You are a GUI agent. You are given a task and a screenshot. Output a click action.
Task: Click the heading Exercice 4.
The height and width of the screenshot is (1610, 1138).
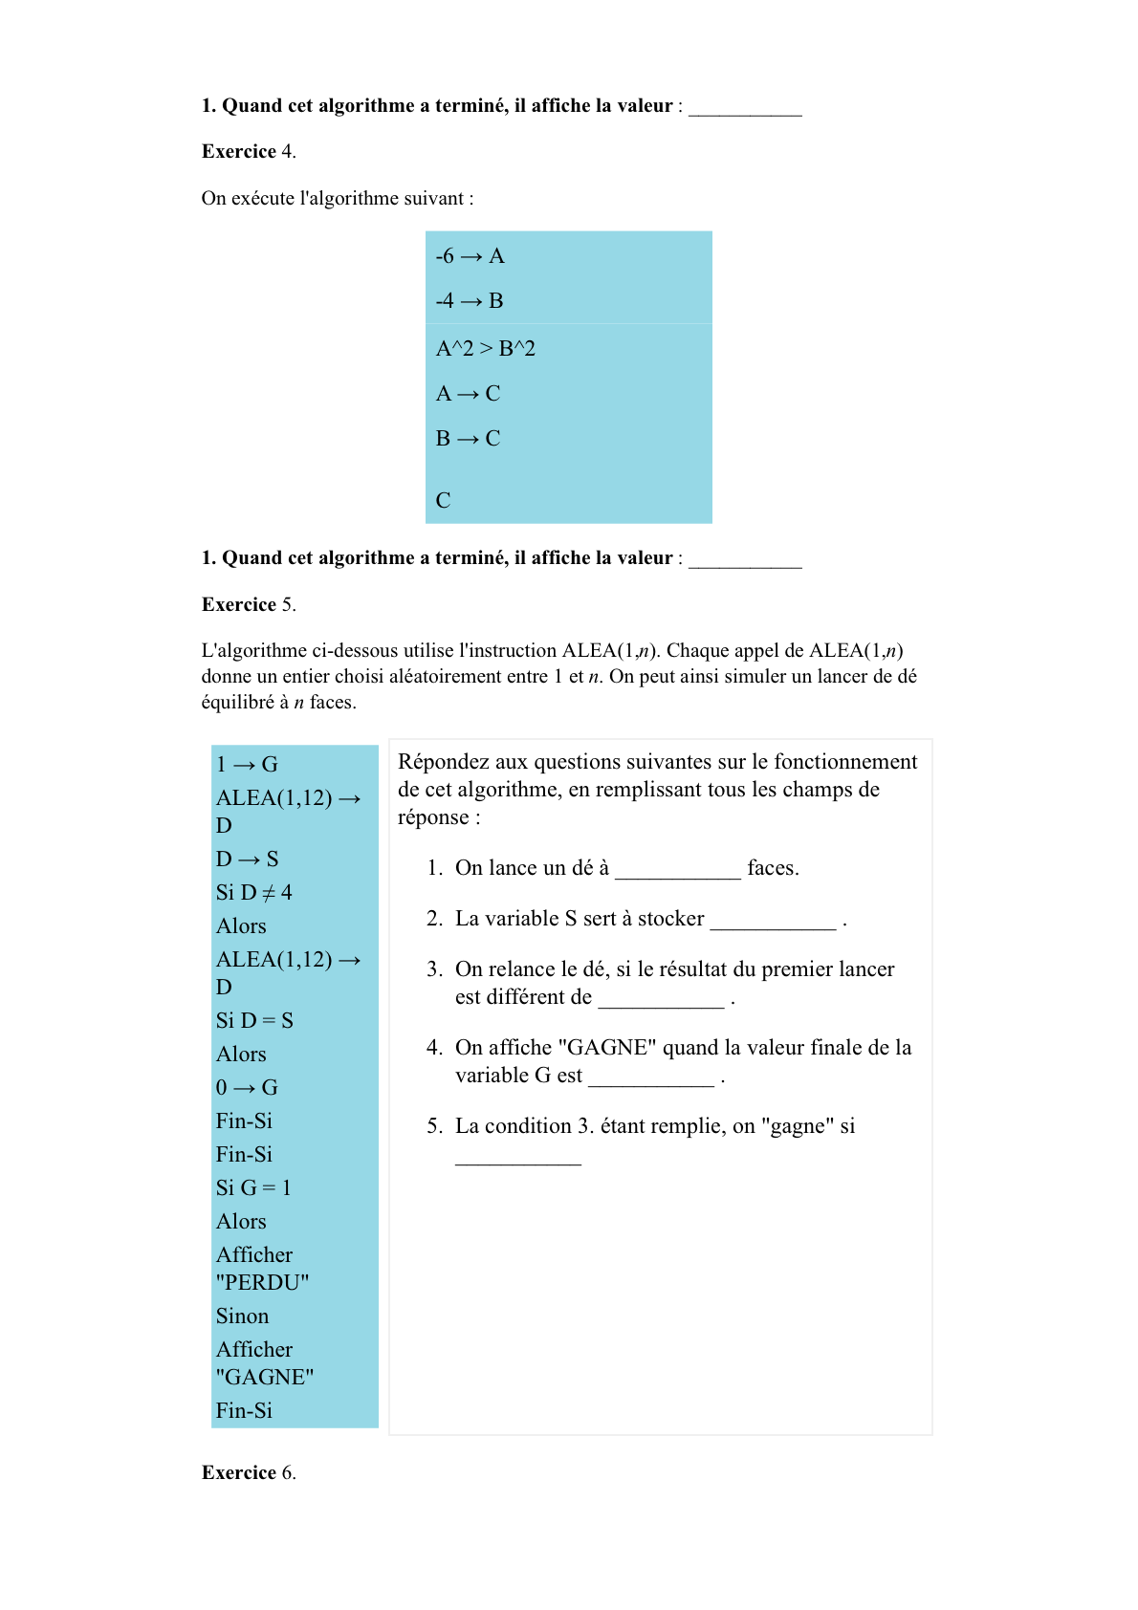(x=249, y=152)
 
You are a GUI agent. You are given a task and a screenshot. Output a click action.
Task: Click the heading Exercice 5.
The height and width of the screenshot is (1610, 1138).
(x=249, y=605)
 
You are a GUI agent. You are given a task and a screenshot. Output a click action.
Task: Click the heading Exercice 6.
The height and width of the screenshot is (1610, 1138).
(x=249, y=1473)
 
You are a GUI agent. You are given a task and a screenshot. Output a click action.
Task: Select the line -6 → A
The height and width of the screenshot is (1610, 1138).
(x=470, y=256)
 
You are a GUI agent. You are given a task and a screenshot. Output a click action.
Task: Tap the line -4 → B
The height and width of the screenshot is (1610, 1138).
(x=470, y=301)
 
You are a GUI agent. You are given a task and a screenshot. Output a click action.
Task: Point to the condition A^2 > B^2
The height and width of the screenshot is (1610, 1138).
(x=486, y=349)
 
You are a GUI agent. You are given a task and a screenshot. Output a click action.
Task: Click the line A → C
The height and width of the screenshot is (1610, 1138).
(x=468, y=394)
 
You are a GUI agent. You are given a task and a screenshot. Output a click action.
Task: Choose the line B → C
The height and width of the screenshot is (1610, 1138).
(x=468, y=439)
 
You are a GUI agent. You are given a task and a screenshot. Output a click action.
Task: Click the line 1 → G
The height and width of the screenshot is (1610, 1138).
(x=247, y=765)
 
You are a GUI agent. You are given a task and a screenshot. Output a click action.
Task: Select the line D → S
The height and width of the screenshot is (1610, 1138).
(x=247, y=859)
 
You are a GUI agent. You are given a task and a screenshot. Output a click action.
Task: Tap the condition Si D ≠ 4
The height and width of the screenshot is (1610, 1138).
(x=254, y=893)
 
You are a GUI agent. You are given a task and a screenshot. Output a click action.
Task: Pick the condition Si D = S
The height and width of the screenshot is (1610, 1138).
(x=254, y=1021)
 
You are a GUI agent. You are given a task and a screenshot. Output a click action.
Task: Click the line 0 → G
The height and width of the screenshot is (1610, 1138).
(x=247, y=1088)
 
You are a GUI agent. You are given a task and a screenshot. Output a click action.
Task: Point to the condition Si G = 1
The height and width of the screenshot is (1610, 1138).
(x=253, y=1188)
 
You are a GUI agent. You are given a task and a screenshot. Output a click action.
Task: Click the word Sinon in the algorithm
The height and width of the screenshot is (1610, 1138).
(x=242, y=1316)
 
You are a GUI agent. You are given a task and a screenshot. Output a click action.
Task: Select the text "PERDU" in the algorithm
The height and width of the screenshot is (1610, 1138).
(x=263, y=1283)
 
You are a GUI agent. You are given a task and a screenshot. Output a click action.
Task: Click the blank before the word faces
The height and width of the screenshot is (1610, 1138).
(x=677, y=870)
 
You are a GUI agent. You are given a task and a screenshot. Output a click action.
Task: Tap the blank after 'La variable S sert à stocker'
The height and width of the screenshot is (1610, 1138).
(x=773, y=921)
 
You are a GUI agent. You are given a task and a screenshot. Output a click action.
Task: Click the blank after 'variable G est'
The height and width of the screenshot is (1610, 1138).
(x=650, y=1077)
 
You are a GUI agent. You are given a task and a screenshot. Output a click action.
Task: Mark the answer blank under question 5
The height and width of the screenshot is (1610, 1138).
(x=517, y=1157)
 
